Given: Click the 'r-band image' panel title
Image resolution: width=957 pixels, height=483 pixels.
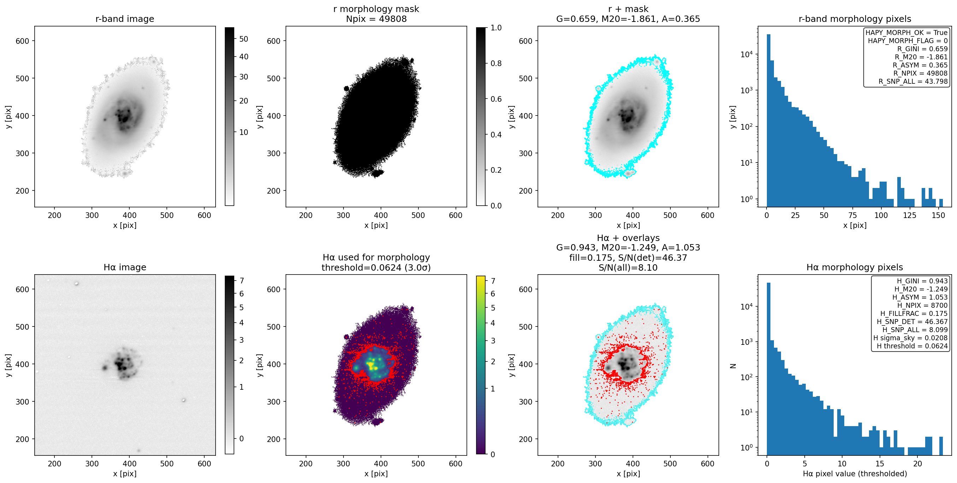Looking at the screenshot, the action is click(x=125, y=19).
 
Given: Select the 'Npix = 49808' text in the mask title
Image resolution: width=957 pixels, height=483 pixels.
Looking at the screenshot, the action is click(x=376, y=19).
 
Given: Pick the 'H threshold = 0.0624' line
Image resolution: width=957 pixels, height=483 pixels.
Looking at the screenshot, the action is click(x=912, y=346).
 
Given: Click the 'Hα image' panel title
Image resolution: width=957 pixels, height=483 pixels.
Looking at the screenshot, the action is click(x=125, y=267).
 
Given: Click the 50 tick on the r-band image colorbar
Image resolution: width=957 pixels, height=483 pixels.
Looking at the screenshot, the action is click(x=244, y=39).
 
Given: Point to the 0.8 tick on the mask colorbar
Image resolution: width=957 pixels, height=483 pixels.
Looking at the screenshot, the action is click(x=495, y=64).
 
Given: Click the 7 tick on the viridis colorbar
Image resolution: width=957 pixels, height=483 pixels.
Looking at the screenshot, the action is click(x=493, y=281).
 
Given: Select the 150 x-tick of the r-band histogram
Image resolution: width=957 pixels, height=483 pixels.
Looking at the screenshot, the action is click(x=938, y=216).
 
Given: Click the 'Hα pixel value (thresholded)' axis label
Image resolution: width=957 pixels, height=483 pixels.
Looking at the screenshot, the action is click(x=855, y=474).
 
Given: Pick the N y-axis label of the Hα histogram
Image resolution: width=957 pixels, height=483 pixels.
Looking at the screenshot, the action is click(x=733, y=366).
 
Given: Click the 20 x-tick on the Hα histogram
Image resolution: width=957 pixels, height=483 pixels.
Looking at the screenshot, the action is click(x=918, y=464).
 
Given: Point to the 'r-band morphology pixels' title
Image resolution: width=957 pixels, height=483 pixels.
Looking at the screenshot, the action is click(x=855, y=19).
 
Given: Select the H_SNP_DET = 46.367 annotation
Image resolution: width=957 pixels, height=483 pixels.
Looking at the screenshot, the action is click(x=912, y=322).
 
